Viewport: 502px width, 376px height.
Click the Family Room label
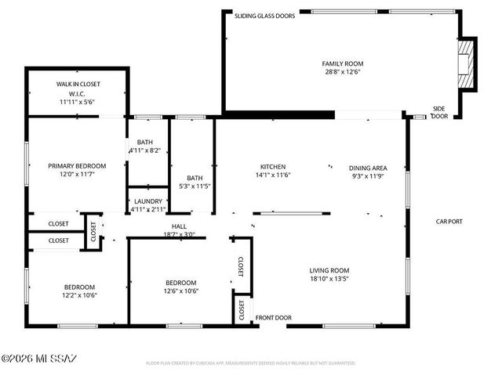(x=343, y=63)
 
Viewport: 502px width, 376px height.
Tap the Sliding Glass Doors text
(x=265, y=15)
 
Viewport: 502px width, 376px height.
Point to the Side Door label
(x=440, y=112)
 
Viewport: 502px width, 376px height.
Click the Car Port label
(x=449, y=222)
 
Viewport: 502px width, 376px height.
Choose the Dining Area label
(x=368, y=167)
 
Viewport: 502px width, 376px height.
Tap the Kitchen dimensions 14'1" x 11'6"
(x=273, y=175)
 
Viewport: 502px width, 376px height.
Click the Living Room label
(x=329, y=270)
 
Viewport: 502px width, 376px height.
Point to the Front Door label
(x=273, y=318)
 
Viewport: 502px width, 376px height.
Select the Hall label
(x=178, y=226)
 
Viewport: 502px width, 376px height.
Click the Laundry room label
(x=147, y=201)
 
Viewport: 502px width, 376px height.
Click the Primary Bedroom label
(x=76, y=166)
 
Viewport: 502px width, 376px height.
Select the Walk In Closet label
(x=78, y=84)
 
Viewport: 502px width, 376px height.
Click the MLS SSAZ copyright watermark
(x=39, y=360)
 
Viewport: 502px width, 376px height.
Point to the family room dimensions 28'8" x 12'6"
(x=343, y=73)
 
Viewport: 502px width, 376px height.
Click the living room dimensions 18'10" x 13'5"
(x=329, y=279)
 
